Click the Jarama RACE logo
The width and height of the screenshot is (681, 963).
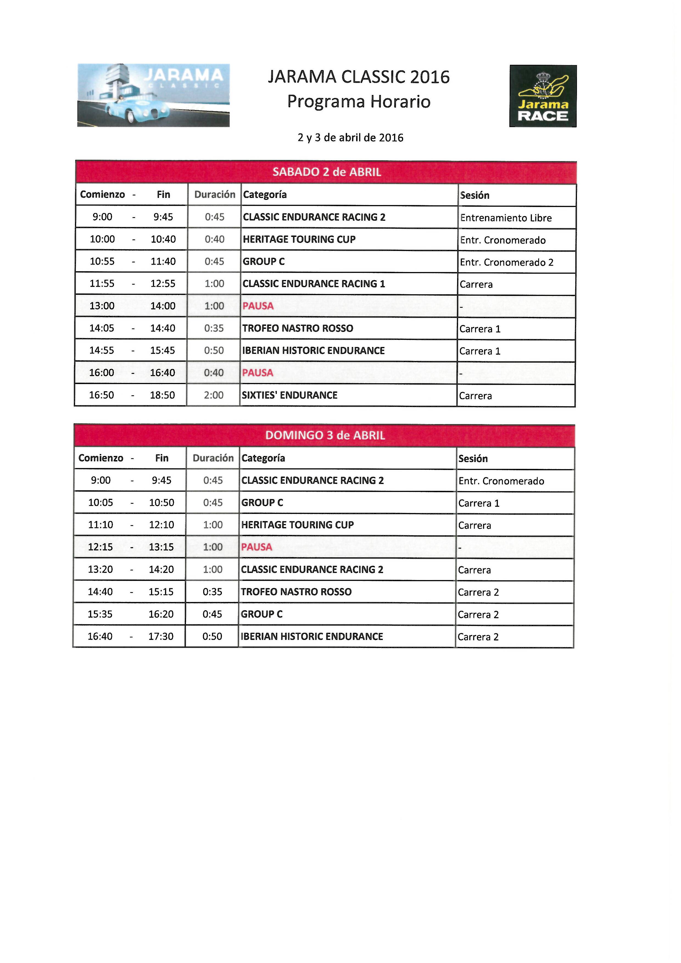point(543,96)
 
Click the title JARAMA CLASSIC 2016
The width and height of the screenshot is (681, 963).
point(359,77)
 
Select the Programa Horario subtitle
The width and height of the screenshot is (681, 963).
point(359,102)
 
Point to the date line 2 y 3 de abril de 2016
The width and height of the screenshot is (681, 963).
point(350,138)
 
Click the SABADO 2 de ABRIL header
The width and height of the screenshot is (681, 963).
point(326,172)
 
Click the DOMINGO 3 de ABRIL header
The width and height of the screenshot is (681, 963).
point(325,435)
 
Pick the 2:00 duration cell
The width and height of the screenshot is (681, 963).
point(214,395)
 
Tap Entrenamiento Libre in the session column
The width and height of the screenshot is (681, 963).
point(506,218)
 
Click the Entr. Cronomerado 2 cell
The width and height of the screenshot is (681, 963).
point(506,262)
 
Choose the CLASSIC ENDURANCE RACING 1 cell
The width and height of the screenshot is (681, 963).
point(313,284)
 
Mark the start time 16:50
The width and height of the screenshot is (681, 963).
point(102,395)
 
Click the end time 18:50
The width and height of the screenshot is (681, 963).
point(162,395)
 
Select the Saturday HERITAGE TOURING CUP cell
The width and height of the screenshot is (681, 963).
point(299,239)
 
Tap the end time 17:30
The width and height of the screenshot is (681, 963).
point(161,636)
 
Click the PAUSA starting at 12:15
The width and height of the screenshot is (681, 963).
point(256,547)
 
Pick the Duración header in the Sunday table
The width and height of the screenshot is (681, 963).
point(213,458)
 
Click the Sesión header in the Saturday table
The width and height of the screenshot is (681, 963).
point(475,195)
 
